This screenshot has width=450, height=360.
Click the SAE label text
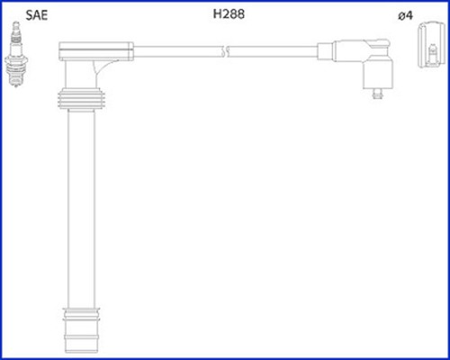point(37,15)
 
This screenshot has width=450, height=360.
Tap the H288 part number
point(229,13)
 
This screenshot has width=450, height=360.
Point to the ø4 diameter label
point(405,15)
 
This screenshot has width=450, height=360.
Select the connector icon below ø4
point(431,45)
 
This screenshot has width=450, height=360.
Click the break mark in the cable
point(225,51)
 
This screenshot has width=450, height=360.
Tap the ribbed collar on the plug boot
point(81,99)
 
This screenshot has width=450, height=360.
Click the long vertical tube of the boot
point(81,209)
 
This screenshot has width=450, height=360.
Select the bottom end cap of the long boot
point(81,330)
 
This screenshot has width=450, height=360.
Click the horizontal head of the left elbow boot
point(96,51)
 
